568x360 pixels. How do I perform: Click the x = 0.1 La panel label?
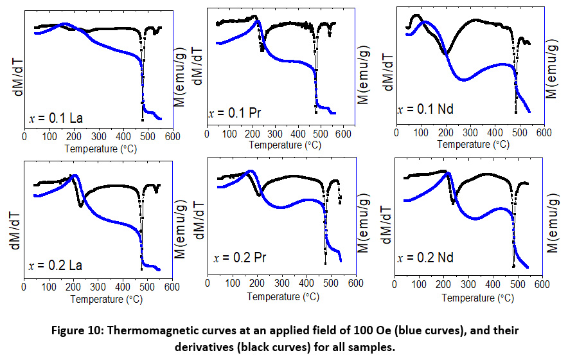[56, 118]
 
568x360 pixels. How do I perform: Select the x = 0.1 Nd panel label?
[426, 109]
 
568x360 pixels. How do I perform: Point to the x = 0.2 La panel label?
[56, 265]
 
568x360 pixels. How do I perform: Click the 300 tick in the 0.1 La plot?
[98, 136]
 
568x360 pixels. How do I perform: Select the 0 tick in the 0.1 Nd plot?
[397, 132]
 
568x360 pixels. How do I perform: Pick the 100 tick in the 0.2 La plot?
[49, 287]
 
